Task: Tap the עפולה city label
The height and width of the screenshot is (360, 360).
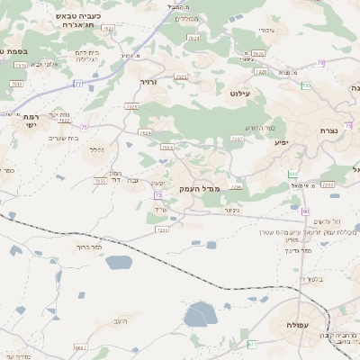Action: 298,324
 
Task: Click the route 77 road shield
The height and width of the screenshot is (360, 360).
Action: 77,84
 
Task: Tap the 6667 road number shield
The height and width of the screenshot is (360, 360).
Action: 79,346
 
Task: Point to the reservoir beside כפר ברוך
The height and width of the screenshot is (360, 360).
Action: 118,263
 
